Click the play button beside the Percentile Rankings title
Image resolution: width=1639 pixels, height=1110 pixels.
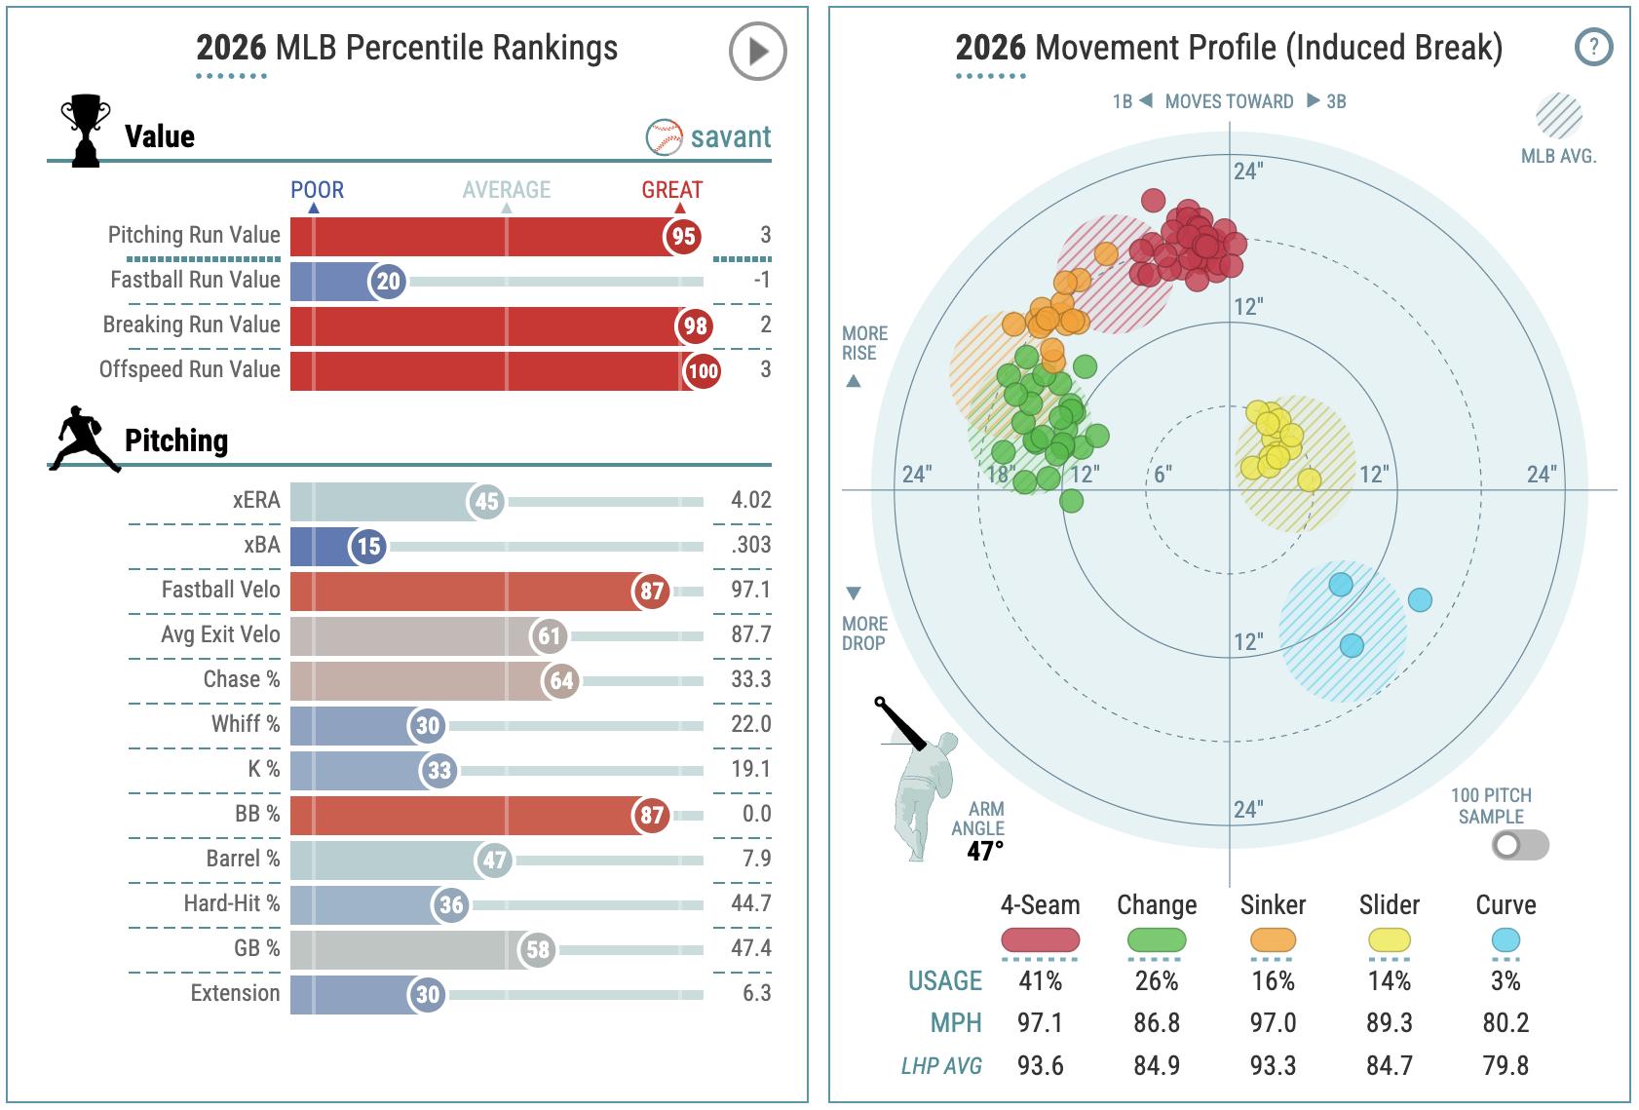point(757,51)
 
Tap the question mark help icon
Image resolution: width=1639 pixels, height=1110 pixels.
point(1593,47)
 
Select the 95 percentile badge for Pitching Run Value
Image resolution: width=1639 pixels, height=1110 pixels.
point(683,236)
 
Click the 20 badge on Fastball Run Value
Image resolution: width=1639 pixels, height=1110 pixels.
point(388,282)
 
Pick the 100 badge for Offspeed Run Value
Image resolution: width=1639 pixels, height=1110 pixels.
point(703,370)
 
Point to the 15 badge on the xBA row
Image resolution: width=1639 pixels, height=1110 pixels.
point(368,546)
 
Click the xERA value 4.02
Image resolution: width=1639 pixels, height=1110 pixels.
point(750,500)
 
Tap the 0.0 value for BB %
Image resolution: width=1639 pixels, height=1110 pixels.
point(756,814)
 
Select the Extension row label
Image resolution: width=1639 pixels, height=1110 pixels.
point(235,993)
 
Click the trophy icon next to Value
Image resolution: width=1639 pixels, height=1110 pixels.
point(84,131)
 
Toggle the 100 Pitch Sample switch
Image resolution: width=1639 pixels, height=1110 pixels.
point(1519,845)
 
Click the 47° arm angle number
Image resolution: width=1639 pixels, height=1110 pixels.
point(984,851)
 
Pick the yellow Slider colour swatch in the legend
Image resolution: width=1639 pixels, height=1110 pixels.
point(1389,940)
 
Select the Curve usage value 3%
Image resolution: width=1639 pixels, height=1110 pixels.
point(1506,980)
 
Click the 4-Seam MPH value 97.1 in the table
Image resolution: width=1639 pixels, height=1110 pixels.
point(1040,1023)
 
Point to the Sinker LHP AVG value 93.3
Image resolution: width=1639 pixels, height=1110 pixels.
point(1273,1065)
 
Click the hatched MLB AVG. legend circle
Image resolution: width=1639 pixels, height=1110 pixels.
point(1559,115)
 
